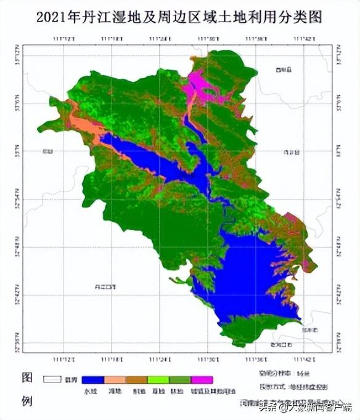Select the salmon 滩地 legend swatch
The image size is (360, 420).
(x=115, y=380)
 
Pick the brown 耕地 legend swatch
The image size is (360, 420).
(x=137, y=380)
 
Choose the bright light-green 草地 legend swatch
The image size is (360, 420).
(x=158, y=380)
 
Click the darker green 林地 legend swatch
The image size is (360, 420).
(x=180, y=380)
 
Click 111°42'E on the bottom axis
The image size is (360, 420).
(x=305, y=359)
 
